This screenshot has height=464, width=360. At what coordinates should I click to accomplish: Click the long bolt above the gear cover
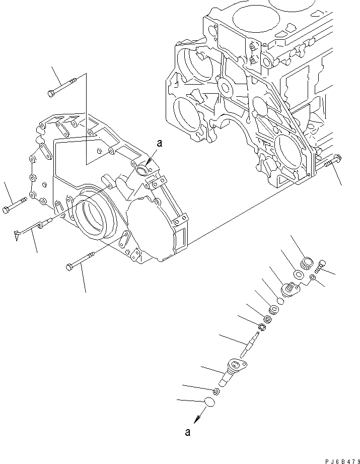[x=61, y=86]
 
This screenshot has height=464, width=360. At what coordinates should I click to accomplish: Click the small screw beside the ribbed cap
[x=323, y=263]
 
